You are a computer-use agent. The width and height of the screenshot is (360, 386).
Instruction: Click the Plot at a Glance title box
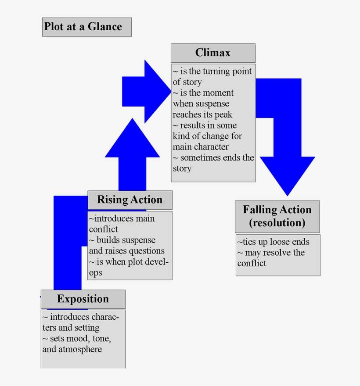coord(87,27)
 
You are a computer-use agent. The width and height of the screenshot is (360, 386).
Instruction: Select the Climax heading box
coord(213,53)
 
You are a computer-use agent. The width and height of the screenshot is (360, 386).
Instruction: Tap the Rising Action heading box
coord(130,200)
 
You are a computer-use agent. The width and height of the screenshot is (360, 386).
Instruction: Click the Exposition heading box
coord(83,299)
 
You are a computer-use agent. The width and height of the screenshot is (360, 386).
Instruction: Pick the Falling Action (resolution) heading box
coord(277,216)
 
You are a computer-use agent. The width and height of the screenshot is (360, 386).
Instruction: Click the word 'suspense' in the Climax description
coord(214,104)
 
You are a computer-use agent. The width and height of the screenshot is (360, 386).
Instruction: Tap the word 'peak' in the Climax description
coord(223,114)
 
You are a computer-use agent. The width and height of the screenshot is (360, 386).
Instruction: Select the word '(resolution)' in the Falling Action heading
coord(277,222)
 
